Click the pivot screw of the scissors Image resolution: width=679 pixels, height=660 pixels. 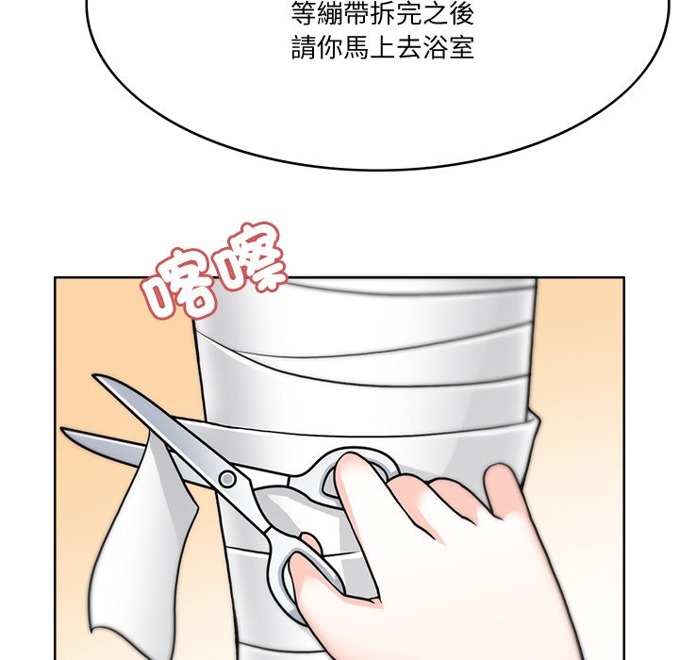tap(227, 479)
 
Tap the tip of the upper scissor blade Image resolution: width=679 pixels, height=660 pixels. tap(94, 376)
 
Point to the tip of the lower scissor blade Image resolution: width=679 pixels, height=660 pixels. tap(62, 429)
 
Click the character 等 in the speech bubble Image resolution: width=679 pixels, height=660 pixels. tap(304, 14)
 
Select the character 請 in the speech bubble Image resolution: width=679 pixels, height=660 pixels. tap(304, 48)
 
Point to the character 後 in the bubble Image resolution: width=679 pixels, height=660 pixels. tap(461, 14)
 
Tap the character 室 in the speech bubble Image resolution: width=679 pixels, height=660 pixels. tap(461, 48)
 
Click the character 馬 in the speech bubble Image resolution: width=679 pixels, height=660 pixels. tap(356, 48)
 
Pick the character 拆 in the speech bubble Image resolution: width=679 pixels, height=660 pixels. tap(382, 14)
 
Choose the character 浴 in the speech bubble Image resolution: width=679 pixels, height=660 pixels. tap(435, 48)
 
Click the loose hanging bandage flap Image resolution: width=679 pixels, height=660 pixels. tap(143, 541)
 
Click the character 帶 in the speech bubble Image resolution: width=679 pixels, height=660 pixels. tap(356, 14)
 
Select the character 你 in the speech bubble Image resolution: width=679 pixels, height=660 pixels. tap(330, 48)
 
